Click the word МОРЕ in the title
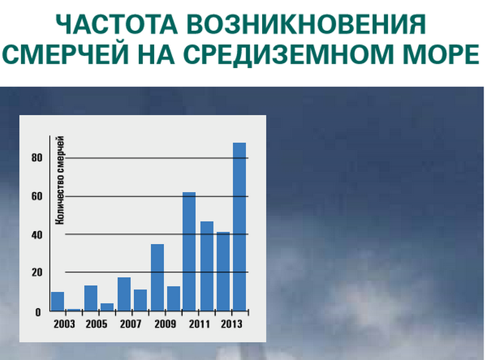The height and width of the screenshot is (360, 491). click(x=443, y=55)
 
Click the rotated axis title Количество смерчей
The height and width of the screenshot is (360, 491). click(x=61, y=184)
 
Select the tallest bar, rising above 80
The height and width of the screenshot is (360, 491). click(x=239, y=227)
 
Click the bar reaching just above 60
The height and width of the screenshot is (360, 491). click(x=190, y=251)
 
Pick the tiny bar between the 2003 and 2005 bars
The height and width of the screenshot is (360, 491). click(x=74, y=310)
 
